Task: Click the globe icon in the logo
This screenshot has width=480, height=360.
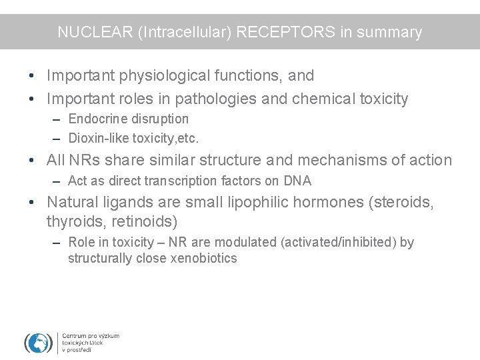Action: coord(39,343)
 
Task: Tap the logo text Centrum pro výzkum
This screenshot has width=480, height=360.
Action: coord(91,336)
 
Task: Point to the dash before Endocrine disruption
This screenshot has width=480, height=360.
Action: coord(58,119)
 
